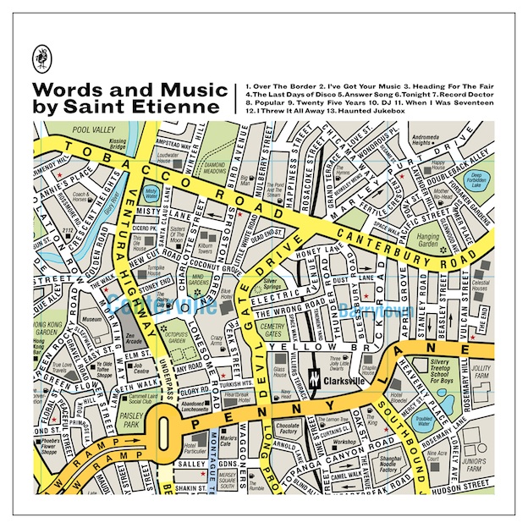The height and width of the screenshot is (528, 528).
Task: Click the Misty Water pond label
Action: click(x=151, y=194)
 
